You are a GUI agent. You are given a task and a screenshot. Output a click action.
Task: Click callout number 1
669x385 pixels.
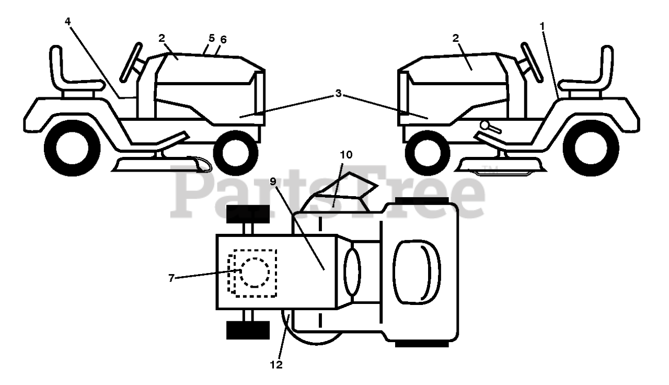[543, 25]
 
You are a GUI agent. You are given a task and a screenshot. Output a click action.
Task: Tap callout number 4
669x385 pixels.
[67, 21]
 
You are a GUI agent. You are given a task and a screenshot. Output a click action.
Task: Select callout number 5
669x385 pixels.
[211, 38]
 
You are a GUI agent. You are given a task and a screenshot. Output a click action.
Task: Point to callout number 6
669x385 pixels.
[224, 40]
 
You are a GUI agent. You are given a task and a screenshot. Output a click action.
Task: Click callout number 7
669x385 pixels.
[171, 278]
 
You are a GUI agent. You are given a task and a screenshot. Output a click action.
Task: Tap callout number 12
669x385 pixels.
[277, 365]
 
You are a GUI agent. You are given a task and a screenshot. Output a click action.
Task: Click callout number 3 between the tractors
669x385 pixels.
[339, 94]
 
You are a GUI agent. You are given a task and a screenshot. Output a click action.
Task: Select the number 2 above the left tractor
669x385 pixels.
[162, 38]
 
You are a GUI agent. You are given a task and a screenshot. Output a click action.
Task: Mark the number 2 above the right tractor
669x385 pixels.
[456, 38]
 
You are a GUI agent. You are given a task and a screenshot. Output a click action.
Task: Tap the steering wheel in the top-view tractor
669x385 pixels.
[352, 271]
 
